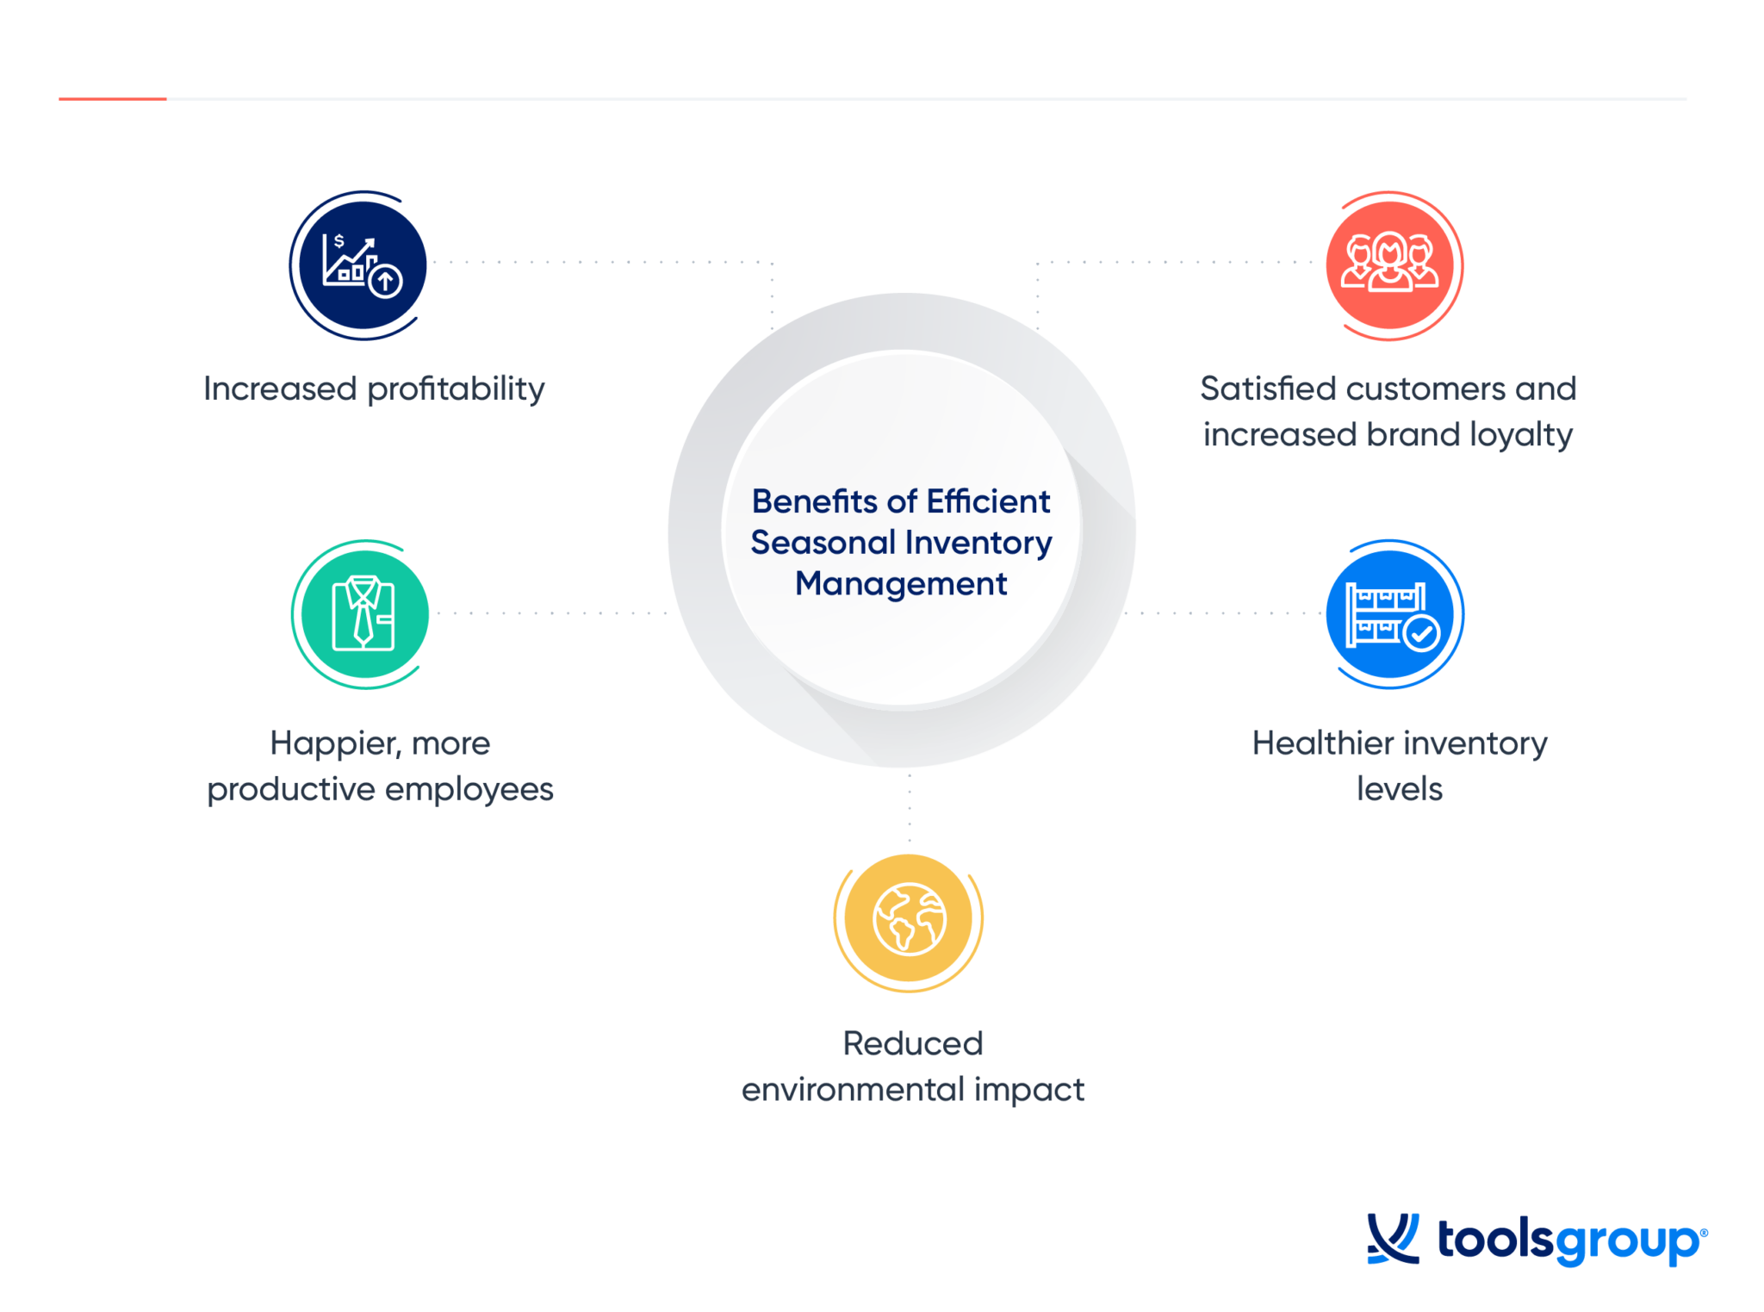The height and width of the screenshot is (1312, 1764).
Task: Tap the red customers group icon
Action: click(1390, 264)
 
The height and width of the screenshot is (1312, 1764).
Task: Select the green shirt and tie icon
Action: click(363, 613)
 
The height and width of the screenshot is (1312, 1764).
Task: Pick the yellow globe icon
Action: click(909, 919)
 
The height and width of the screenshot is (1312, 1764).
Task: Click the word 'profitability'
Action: click(457, 389)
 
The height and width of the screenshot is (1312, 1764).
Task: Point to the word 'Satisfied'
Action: click(1267, 389)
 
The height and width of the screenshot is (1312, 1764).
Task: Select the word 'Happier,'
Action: click(332, 743)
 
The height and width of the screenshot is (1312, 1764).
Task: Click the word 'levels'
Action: click(1399, 789)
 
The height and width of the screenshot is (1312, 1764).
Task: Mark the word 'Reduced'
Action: click(912, 1044)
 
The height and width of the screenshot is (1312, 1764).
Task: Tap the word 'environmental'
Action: click(853, 1091)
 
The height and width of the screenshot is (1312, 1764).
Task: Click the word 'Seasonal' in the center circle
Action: click(823, 543)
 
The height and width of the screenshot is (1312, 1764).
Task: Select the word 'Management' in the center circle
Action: click(901, 584)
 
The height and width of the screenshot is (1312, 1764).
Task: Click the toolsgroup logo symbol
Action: click(1393, 1239)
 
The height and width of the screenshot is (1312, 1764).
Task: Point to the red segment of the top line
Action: click(112, 99)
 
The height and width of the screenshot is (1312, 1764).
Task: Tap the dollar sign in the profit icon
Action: click(339, 241)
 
